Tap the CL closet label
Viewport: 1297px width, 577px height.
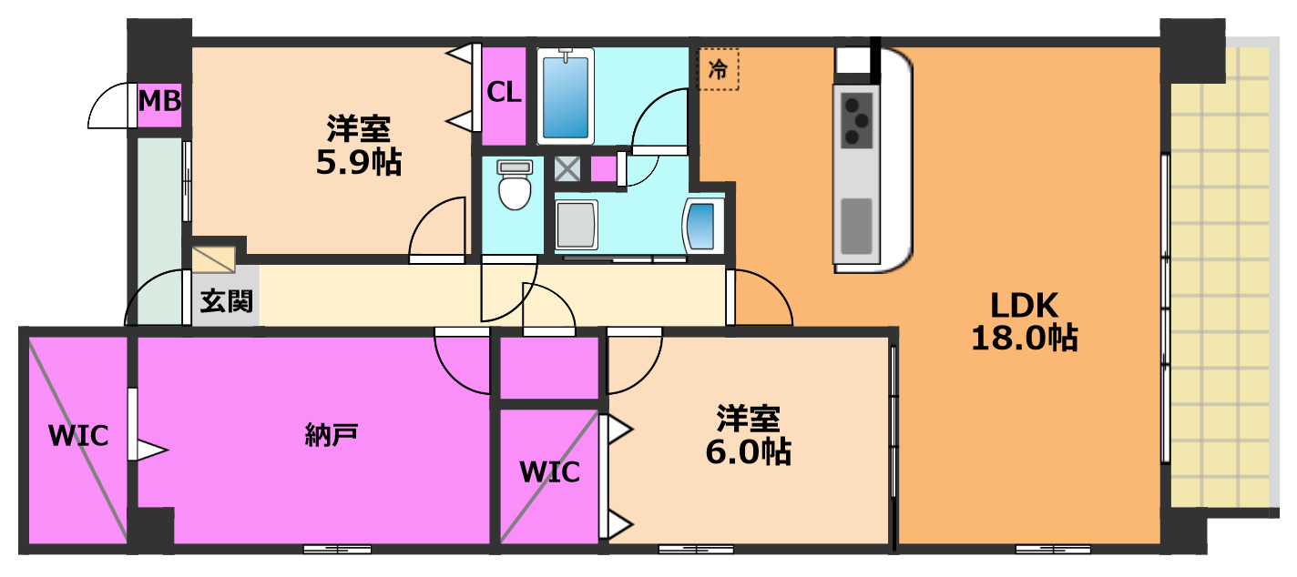point(504,93)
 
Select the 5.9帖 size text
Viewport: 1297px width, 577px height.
point(358,163)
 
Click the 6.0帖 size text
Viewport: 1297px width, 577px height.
point(749,451)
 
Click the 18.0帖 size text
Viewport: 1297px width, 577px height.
point(1025,339)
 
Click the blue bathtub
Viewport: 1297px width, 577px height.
point(565,96)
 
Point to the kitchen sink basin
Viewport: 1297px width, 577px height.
point(856,225)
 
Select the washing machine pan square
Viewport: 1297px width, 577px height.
point(576,224)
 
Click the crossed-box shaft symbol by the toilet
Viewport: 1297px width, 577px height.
point(568,168)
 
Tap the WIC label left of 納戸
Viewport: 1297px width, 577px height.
point(78,436)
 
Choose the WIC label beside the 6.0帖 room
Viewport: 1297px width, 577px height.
point(549,472)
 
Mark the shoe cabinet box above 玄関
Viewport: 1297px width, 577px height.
point(214,255)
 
